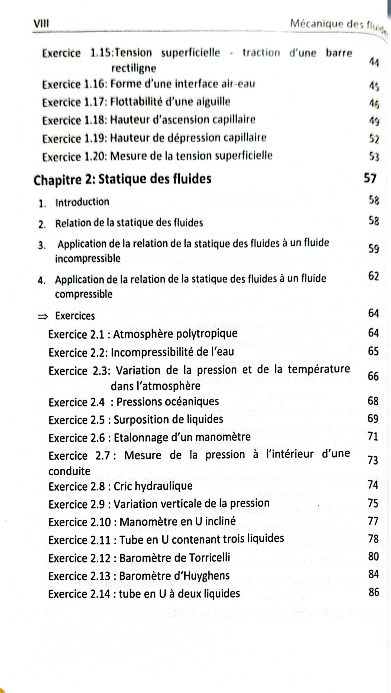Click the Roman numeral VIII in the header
[x=41, y=24]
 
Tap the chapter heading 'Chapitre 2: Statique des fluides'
[x=122, y=179]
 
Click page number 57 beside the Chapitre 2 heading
[x=370, y=178]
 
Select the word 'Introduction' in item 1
[x=82, y=202]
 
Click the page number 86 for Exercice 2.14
[x=374, y=592]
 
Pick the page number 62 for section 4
[x=373, y=276]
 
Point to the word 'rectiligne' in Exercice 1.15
[x=134, y=68]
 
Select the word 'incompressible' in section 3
[x=88, y=259]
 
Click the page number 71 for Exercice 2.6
[x=373, y=437]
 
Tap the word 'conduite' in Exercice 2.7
[x=69, y=471]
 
